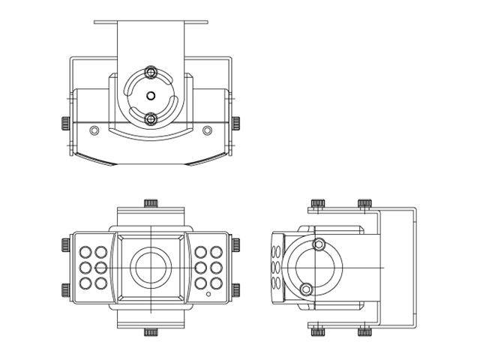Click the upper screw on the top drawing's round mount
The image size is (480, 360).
[151, 72]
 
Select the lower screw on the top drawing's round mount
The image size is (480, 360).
[151, 118]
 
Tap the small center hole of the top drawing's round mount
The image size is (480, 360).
[151, 95]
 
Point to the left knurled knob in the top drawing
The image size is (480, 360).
[65, 122]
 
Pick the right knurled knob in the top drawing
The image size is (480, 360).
[236, 122]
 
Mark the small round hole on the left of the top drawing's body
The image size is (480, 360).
[94, 130]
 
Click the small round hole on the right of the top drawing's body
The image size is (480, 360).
[208, 130]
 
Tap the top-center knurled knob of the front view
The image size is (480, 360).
[151, 202]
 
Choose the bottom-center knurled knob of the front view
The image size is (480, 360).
[151, 331]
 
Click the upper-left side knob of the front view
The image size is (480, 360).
[65, 244]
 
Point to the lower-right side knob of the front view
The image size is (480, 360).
[236, 290]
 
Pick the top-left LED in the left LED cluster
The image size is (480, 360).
[85, 252]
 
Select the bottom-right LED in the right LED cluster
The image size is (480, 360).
[217, 283]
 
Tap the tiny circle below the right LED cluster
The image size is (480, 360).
[208, 295]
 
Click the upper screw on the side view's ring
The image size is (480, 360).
[319, 243]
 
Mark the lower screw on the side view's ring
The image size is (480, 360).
[306, 289]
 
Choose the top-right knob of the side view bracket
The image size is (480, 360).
[364, 203]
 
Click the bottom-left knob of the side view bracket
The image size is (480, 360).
[318, 331]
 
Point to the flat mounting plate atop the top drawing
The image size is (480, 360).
[151, 22]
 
